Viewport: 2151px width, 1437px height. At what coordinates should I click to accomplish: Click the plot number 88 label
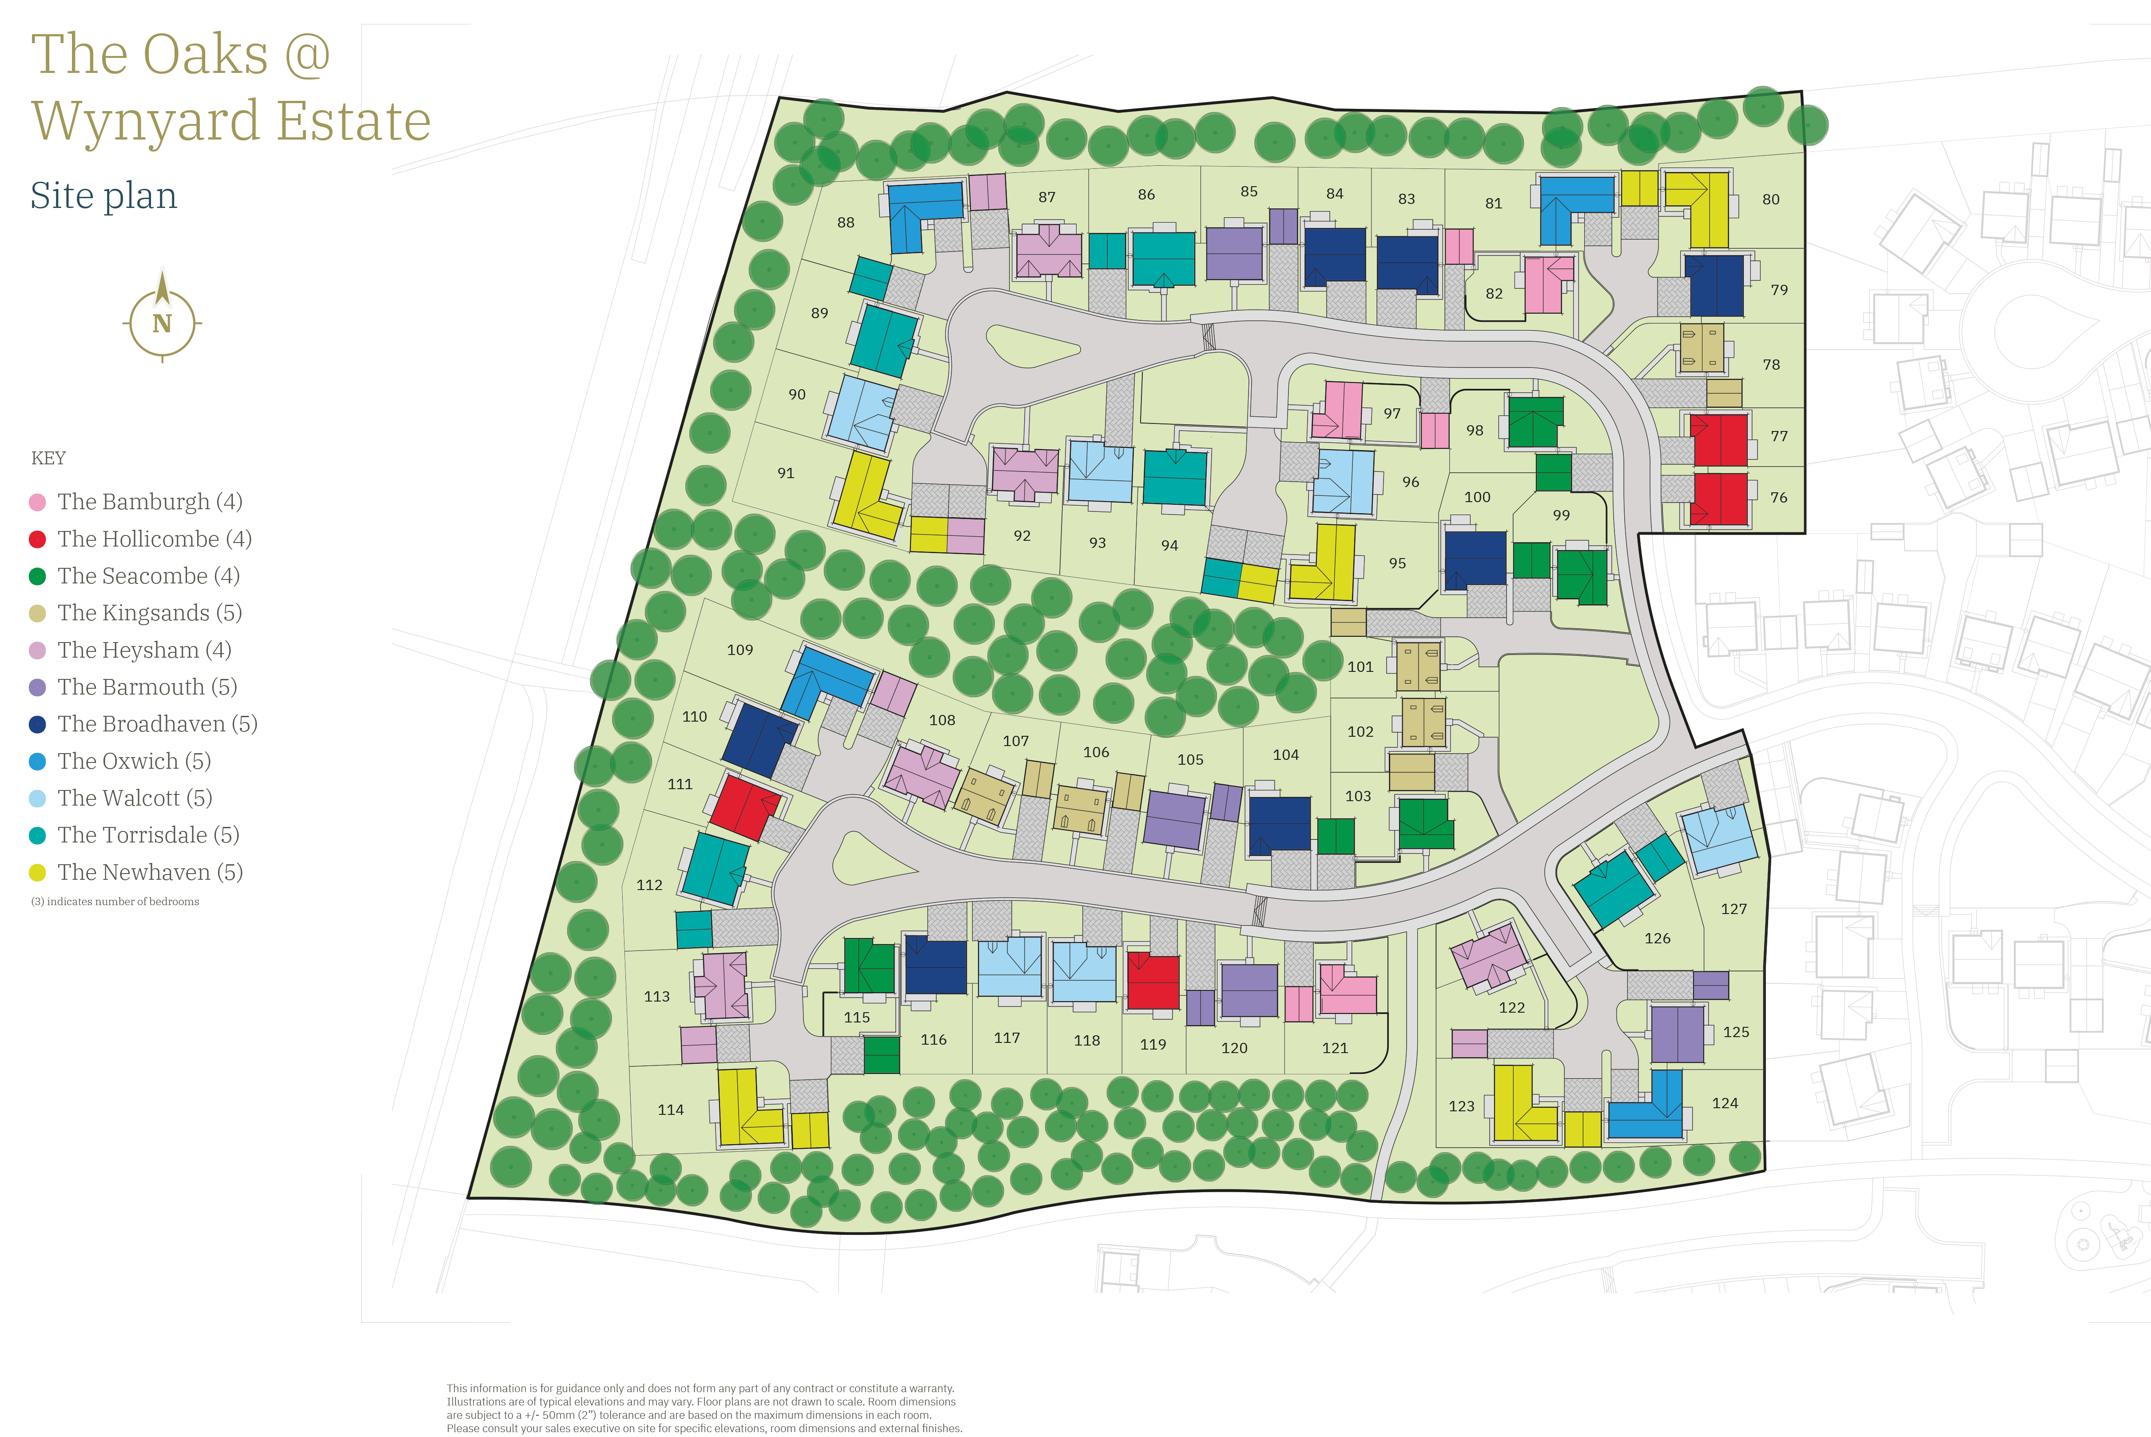click(846, 223)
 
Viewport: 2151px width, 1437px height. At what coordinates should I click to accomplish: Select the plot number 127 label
click(1733, 909)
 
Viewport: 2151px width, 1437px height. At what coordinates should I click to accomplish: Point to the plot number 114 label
click(671, 1110)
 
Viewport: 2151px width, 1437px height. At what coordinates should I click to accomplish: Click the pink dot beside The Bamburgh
click(38, 502)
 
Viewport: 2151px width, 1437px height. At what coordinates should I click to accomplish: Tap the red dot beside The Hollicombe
click(38, 540)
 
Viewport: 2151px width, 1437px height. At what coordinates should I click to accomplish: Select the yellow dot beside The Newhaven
click(38, 873)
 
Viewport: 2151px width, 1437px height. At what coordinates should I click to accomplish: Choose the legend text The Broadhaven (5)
click(158, 724)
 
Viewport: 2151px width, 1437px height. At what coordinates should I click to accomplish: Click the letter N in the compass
click(162, 323)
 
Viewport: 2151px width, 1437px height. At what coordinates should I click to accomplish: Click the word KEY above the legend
click(48, 458)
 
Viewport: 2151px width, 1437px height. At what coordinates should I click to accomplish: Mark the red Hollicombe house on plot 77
click(1718, 440)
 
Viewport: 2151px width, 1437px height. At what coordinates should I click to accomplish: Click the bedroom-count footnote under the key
click(115, 902)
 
